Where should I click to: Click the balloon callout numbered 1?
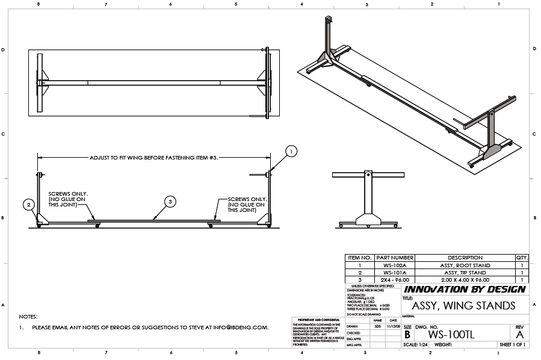coord(291,152)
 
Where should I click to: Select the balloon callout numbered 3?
coord(170,202)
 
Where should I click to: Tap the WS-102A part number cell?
coord(394,265)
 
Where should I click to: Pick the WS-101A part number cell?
coord(394,273)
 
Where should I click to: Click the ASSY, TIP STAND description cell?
coord(465,273)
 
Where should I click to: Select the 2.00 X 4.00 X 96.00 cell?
coord(465,280)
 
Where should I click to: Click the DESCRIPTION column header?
coord(465,258)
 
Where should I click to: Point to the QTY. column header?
coord(522,258)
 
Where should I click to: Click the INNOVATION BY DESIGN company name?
coord(465,290)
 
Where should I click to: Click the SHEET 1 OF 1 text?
coord(512,345)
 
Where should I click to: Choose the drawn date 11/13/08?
coord(392,326)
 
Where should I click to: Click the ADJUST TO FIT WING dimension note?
coord(153,157)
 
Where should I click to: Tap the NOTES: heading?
coord(28,316)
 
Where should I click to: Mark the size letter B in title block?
coord(407,335)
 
